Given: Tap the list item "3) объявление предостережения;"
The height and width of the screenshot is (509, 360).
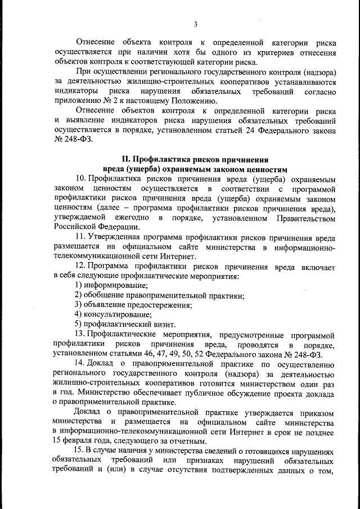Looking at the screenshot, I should click(x=133, y=305).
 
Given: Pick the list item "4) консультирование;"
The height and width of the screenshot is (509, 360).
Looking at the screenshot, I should click(x=113, y=314).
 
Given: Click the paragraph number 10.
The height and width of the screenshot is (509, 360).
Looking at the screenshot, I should click(x=80, y=179).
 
